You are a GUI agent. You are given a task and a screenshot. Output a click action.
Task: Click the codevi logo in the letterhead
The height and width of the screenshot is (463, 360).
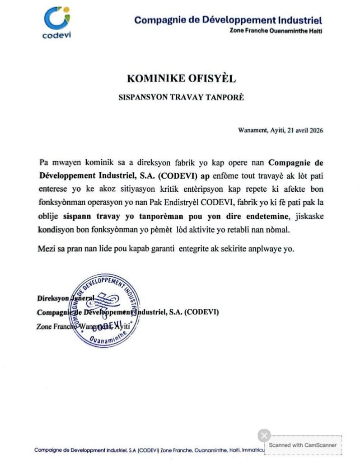(56, 22)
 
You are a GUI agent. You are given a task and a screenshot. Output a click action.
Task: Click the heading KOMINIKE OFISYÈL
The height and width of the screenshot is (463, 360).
(182, 78)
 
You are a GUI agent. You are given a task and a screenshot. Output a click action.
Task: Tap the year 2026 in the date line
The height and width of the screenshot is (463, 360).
(314, 130)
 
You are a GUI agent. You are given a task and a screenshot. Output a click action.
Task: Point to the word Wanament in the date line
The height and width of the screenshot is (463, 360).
(252, 130)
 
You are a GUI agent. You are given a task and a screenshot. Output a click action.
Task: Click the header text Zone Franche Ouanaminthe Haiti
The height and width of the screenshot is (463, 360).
(276, 31)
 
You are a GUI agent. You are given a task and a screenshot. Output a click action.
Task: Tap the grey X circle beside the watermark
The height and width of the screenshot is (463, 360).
(264, 436)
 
